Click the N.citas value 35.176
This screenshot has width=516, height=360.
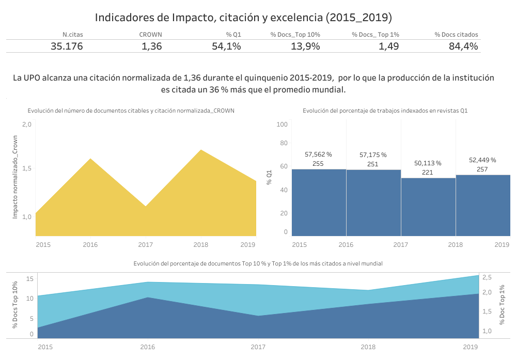coord(67,46)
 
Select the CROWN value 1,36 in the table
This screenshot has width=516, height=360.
coord(151,46)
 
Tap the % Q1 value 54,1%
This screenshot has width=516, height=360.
coord(226,46)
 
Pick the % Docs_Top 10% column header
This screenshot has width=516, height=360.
coord(295,35)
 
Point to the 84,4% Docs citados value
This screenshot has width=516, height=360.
coord(463,46)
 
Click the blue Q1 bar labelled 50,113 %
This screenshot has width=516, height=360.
coord(428,207)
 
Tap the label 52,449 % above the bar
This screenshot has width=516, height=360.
coord(482,160)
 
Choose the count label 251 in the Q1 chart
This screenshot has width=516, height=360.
coord(373,164)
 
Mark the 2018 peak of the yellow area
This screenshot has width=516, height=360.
coord(201,151)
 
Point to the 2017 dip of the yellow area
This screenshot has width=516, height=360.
coord(146,207)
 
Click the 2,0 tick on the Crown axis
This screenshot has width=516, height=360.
coord(27,124)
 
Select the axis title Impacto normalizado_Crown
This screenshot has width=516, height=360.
coord(15,177)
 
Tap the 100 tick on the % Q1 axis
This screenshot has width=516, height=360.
coord(282,124)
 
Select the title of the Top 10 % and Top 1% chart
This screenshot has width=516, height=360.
coord(258,263)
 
